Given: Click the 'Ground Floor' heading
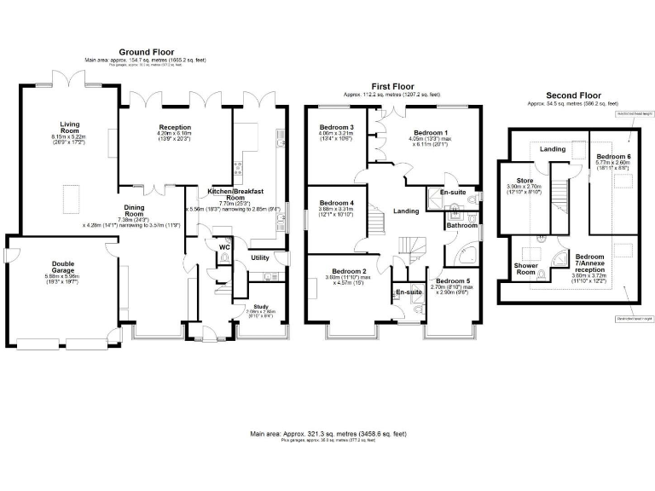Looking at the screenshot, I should point(147,52).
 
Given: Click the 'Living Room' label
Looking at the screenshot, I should point(63,128).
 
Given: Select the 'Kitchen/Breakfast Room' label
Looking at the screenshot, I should point(219,194).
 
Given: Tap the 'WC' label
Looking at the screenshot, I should point(224,247).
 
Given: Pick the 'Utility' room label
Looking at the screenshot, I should point(259,257).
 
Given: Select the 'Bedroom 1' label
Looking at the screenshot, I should point(431,133).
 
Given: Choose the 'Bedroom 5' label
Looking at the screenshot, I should point(452,280).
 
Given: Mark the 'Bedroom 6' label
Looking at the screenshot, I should point(613,157).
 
